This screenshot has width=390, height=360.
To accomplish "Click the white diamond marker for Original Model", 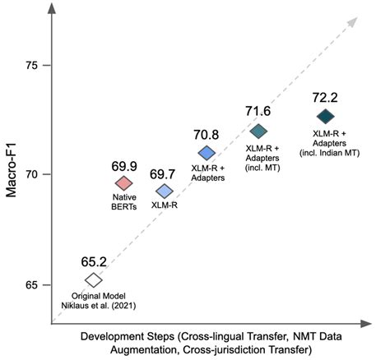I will [x=93, y=280].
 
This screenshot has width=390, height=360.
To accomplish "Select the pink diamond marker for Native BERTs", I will [x=123, y=182].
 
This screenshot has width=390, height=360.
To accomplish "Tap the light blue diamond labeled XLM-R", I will [x=165, y=191].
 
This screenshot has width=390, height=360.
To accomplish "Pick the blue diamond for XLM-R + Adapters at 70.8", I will [x=207, y=153].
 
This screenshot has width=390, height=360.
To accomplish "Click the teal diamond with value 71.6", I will [x=258, y=132].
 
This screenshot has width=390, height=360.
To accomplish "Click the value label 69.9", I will [x=123, y=165].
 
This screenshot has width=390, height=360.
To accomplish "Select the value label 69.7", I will [x=165, y=173].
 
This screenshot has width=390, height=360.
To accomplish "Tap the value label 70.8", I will [x=207, y=136].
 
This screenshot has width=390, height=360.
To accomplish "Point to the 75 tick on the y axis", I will [x=33, y=65].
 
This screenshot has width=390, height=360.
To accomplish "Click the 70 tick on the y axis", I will [x=33, y=175].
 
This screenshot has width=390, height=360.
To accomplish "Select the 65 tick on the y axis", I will [x=33, y=284].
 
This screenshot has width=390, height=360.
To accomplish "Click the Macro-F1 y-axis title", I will [x=11, y=175].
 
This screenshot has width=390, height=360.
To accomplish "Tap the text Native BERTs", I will [x=123, y=202].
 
